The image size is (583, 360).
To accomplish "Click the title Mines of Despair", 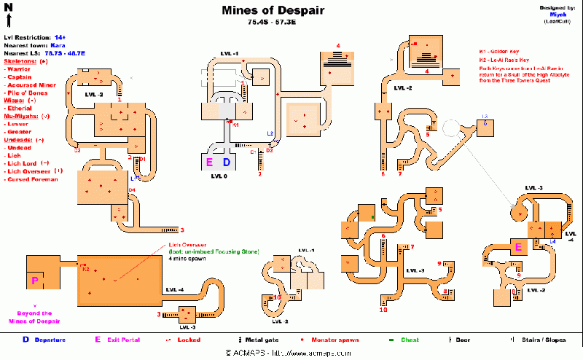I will click(273, 11).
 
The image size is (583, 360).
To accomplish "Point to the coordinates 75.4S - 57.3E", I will click(273, 23).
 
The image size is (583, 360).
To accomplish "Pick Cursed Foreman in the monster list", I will click(31, 179).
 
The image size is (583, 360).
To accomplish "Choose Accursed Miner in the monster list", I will click(32, 85).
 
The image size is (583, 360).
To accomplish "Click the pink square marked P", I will click(35, 279).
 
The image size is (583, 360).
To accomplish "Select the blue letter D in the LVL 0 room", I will click(227, 162).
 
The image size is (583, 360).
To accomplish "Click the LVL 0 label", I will click(219, 176).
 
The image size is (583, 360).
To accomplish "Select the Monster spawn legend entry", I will click(334, 340).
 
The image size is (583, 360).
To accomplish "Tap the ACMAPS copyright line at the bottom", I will click(291, 354).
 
